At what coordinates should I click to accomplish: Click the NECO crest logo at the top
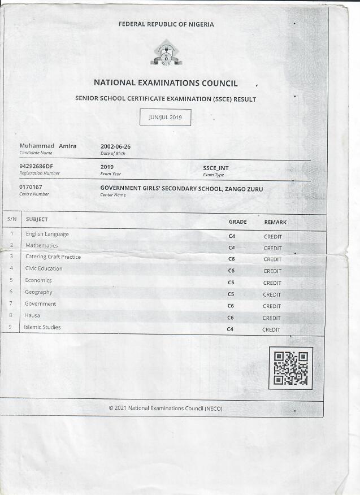166,53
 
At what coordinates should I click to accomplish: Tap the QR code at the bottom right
290,368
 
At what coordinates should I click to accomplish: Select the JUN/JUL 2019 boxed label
165,118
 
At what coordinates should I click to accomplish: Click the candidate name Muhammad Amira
48,146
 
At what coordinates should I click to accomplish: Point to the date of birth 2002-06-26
115,146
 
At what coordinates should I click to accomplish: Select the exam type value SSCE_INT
215,168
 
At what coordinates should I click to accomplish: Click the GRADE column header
237,222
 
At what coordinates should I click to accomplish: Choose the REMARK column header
275,223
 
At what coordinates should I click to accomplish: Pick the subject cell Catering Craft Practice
53,257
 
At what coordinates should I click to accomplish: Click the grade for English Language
232,236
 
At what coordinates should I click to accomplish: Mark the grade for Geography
231,294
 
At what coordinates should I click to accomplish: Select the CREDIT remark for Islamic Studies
271,329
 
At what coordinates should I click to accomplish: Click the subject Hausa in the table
32,315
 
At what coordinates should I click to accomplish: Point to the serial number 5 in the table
11,280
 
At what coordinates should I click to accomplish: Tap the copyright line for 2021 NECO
166,408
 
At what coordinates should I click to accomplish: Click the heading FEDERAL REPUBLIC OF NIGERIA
166,24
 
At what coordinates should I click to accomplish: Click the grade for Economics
231,283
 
